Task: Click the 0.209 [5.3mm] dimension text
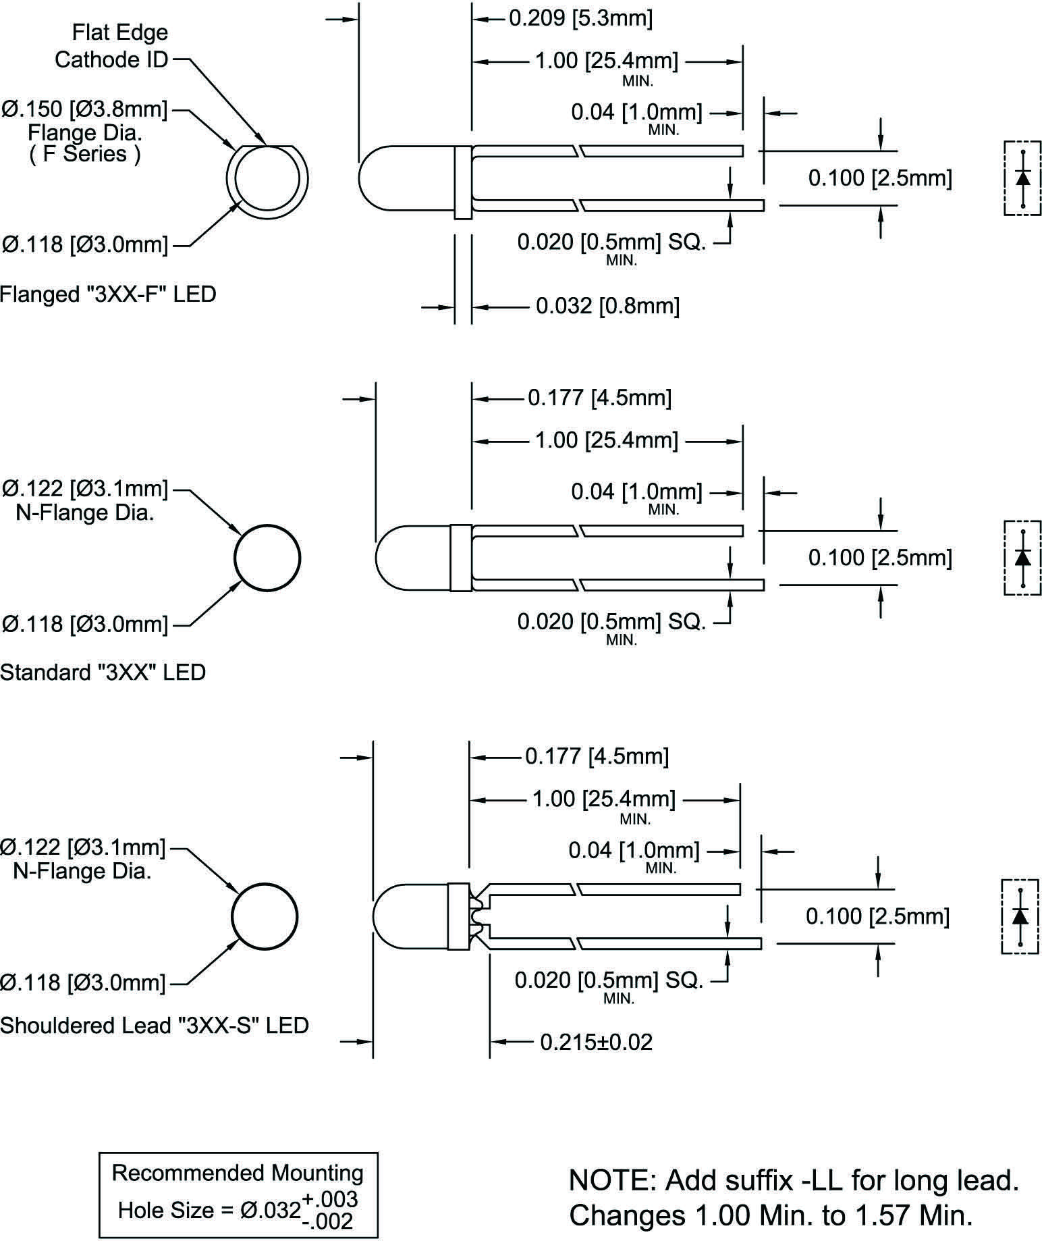(580, 18)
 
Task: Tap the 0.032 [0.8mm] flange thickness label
(607, 307)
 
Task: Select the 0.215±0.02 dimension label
(597, 1042)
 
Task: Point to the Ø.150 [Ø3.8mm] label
(84, 108)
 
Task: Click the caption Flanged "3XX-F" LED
(108, 294)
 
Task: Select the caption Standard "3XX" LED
(103, 672)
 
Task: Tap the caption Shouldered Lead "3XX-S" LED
(154, 1025)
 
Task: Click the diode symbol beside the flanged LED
(1022, 178)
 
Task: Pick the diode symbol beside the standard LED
(1022, 558)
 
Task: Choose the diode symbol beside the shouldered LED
(1020, 916)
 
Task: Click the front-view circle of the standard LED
(267, 558)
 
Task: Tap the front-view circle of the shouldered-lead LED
(265, 916)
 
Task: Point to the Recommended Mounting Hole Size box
(238, 1194)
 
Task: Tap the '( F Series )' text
(86, 154)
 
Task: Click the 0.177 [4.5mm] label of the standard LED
(599, 398)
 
